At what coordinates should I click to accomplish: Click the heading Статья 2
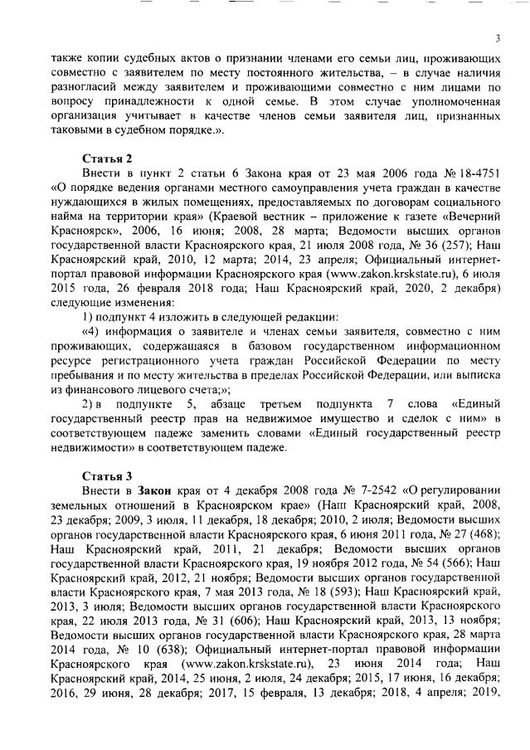pos(107,158)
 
